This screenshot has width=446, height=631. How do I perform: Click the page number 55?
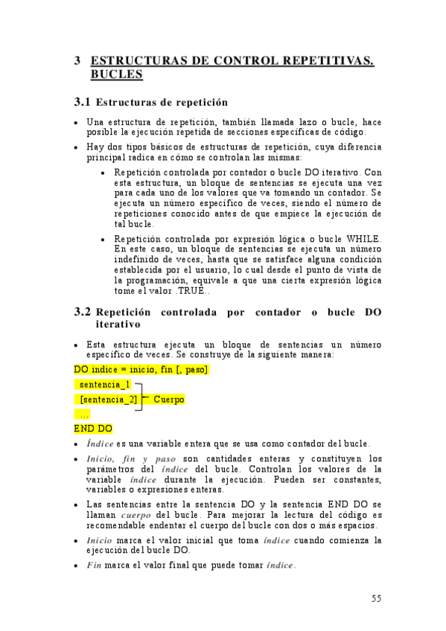point(376,598)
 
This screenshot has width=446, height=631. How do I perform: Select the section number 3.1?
point(82,102)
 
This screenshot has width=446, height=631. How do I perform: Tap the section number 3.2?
point(82,313)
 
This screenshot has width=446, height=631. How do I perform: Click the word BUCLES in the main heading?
point(116,74)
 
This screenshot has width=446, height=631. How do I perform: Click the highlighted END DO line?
point(93,429)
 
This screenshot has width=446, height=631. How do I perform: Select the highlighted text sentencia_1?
point(104,385)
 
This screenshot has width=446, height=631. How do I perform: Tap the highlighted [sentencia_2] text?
point(108,400)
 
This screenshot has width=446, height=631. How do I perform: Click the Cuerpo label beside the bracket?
point(168,400)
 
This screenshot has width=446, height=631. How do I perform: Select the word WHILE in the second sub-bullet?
point(364,238)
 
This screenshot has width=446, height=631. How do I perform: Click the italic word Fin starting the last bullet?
point(94,565)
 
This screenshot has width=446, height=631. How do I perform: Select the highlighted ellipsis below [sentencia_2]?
point(84,414)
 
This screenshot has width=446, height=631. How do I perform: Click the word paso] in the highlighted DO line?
point(193,369)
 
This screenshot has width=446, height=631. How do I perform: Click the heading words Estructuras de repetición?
point(162,102)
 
